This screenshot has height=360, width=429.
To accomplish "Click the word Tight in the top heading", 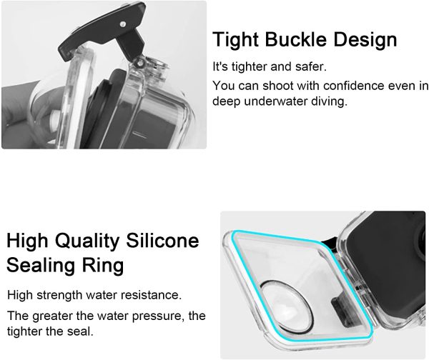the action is [x=235, y=40].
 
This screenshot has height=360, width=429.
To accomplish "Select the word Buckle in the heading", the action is [x=295, y=39].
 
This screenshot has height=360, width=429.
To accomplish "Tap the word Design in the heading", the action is [x=365, y=40].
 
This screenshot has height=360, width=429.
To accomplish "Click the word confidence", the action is [x=340, y=86].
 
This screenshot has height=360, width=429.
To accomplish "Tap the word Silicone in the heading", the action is [x=162, y=241].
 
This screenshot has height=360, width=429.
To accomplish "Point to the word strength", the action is [x=59, y=295].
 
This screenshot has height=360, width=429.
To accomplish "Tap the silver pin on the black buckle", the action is [x=123, y=24].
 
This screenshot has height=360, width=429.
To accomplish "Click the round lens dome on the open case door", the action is [x=286, y=306].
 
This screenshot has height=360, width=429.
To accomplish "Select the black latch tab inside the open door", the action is [x=340, y=311].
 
